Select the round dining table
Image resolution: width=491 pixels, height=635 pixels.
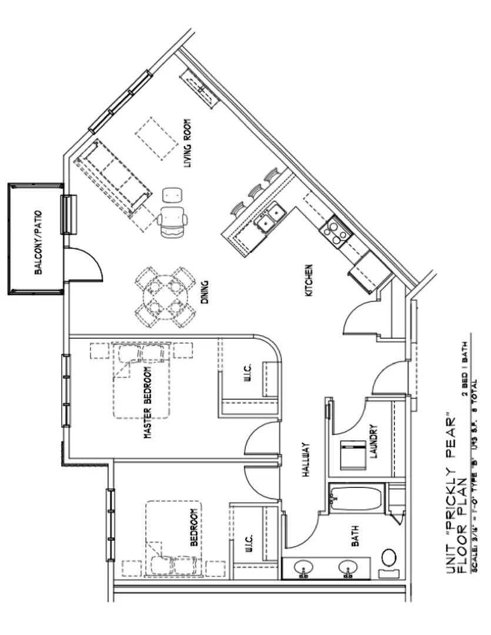tap(166, 298)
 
